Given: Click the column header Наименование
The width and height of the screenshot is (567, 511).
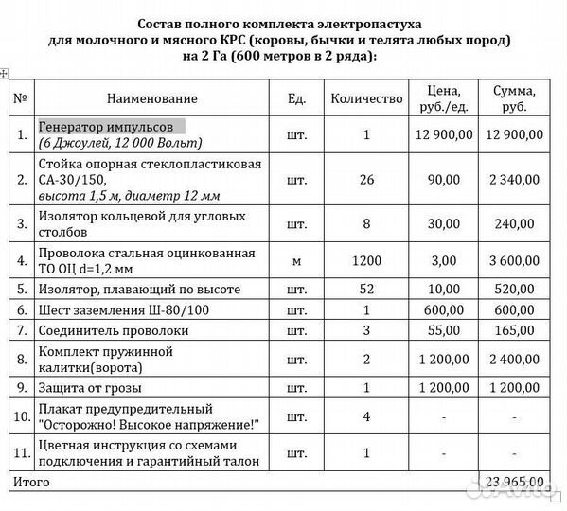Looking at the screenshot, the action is point(151,98).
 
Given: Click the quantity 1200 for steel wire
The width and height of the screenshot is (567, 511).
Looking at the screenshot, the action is point(366,258).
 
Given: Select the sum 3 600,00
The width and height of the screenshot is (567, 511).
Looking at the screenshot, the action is point(513,258).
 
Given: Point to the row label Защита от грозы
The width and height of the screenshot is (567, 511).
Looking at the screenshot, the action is point(90,388).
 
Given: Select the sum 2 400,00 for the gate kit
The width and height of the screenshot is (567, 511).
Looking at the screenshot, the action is point(513,360).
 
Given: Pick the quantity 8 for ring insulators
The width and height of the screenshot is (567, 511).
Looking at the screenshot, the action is point(366,225).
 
